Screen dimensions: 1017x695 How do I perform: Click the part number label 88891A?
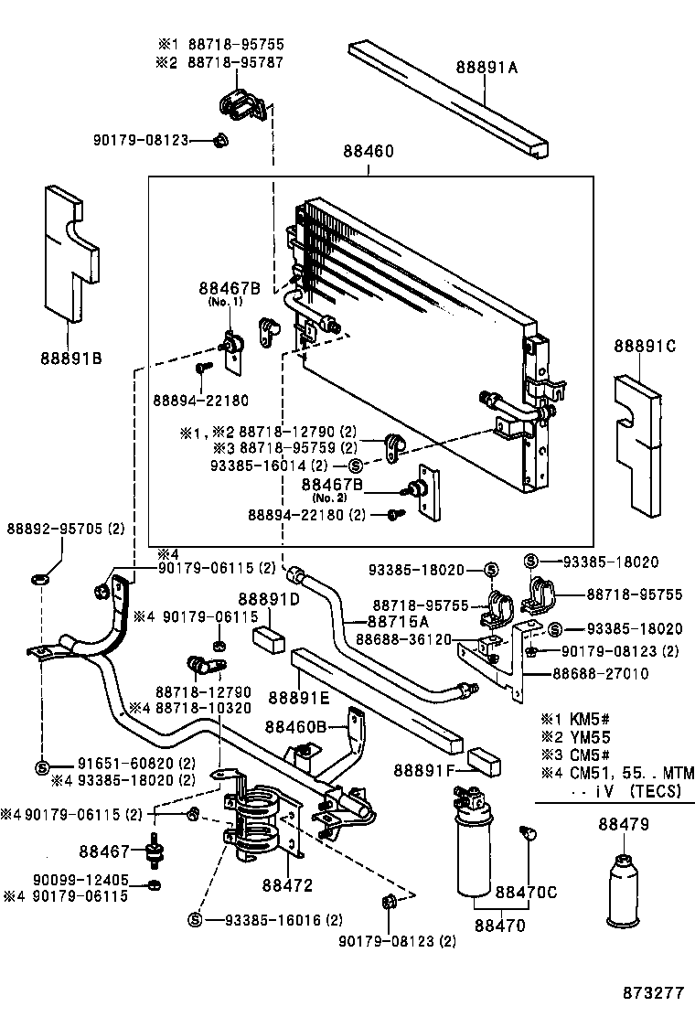(x=487, y=66)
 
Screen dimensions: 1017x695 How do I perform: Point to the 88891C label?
(x=644, y=346)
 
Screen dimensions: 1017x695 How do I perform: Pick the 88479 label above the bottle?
(x=624, y=824)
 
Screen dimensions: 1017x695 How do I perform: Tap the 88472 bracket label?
(x=287, y=885)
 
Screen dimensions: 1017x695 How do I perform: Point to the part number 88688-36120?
(x=403, y=639)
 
